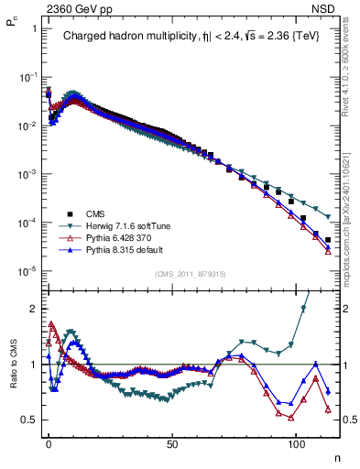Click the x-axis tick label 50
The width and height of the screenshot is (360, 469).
(x=172, y=442)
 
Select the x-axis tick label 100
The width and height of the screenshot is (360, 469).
(x=296, y=442)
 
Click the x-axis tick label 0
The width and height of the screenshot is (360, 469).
(x=49, y=442)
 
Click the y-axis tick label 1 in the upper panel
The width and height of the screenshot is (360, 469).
(x=34, y=28)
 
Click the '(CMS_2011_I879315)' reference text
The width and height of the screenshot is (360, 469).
(x=191, y=274)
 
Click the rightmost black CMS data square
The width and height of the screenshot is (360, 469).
(x=327, y=240)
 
